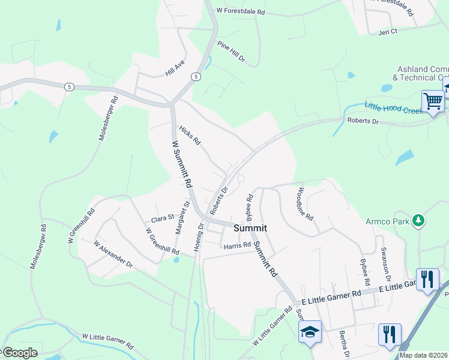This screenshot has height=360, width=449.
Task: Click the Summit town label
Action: tap(250, 228)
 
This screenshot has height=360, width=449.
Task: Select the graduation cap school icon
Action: tap(310, 332)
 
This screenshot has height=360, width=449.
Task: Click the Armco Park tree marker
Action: tap(418, 221)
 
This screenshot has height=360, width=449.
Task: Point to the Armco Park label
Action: tap(388, 221)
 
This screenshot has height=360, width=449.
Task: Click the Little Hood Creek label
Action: tap(393, 107)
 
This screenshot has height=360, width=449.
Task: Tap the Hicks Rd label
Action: tap(190, 136)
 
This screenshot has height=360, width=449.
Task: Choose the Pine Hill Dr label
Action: tap(232, 52)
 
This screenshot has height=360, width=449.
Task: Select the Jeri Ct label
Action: tap(388, 32)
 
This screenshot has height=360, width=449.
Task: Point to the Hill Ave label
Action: tap(175, 70)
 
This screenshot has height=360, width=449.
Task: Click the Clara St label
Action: tap(162, 219)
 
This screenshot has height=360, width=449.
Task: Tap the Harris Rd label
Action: tap(237, 245)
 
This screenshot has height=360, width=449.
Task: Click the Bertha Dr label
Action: tap(344, 343)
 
